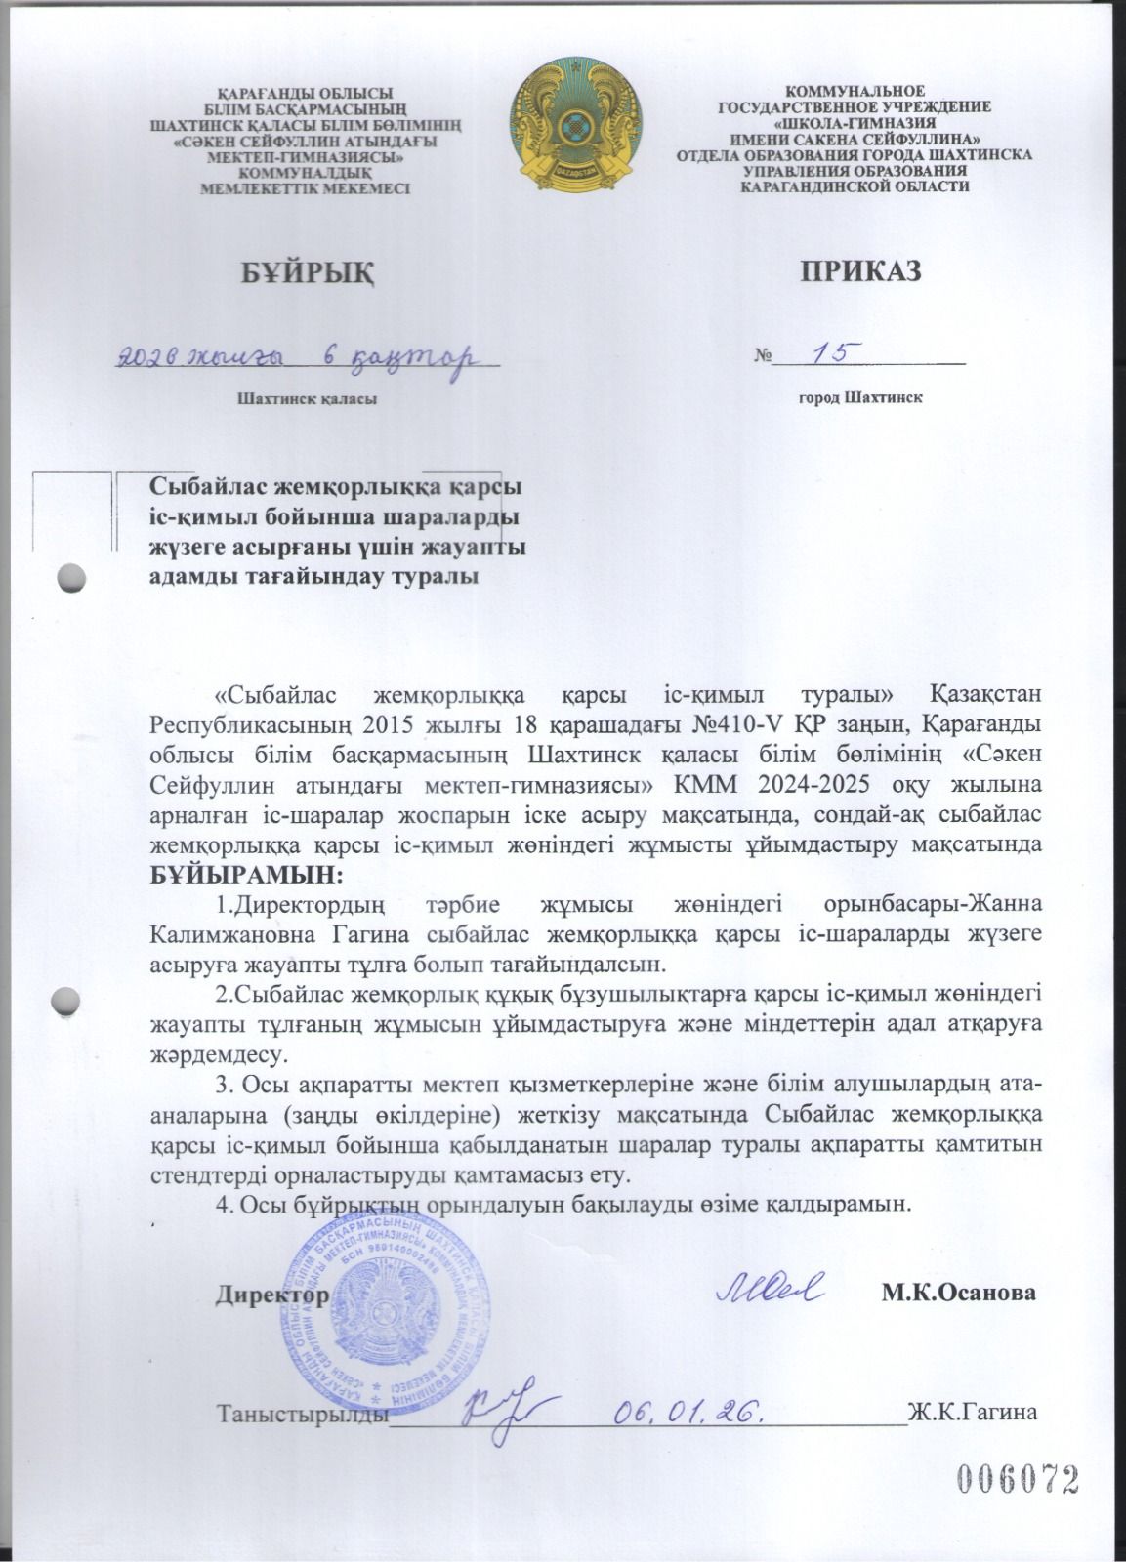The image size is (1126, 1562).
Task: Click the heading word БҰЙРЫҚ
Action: [307, 271]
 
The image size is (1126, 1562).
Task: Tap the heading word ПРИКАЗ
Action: [861, 271]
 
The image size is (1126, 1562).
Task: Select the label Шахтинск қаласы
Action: [306, 398]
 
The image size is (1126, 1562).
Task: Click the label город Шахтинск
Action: [860, 398]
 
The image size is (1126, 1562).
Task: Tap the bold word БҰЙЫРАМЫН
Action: [247, 869]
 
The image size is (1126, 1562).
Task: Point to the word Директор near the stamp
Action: [272, 1294]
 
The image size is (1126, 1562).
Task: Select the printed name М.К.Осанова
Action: [959, 1294]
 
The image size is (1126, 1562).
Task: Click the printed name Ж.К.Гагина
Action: [971, 1411]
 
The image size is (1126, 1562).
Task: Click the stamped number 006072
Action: [1017, 1481]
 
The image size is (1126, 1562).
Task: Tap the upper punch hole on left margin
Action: [72, 577]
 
